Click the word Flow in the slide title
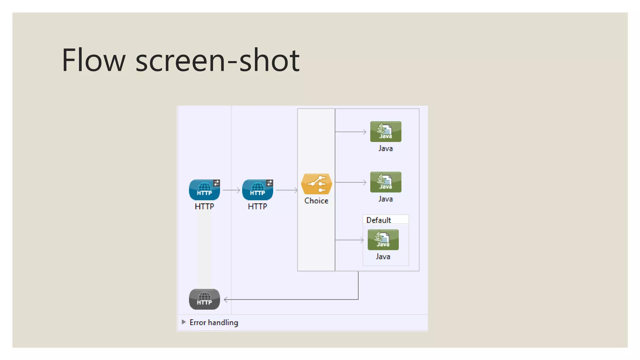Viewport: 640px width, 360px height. [93, 60]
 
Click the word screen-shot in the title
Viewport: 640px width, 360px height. [217, 60]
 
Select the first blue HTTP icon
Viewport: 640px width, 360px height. [204, 190]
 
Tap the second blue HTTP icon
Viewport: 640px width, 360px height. [257, 190]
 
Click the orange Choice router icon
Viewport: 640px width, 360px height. [316, 184]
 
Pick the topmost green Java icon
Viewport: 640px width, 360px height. [386, 132]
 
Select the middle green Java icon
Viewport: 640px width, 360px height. [386, 182]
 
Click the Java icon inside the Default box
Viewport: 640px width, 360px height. [383, 240]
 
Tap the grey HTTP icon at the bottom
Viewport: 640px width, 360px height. [204, 299]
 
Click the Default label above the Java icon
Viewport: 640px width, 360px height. [378, 220]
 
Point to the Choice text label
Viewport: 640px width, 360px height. [316, 201]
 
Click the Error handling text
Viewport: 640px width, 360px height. [214, 322]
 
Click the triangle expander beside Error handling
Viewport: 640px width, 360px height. [184, 322]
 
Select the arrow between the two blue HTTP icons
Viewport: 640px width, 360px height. [231, 190]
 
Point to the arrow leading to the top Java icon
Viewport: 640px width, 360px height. [351, 132]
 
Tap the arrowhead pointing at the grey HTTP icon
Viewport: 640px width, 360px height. [226, 300]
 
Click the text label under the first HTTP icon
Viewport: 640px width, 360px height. [204, 207]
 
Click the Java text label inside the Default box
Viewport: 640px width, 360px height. [383, 257]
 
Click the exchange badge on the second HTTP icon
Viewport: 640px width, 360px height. [270, 183]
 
